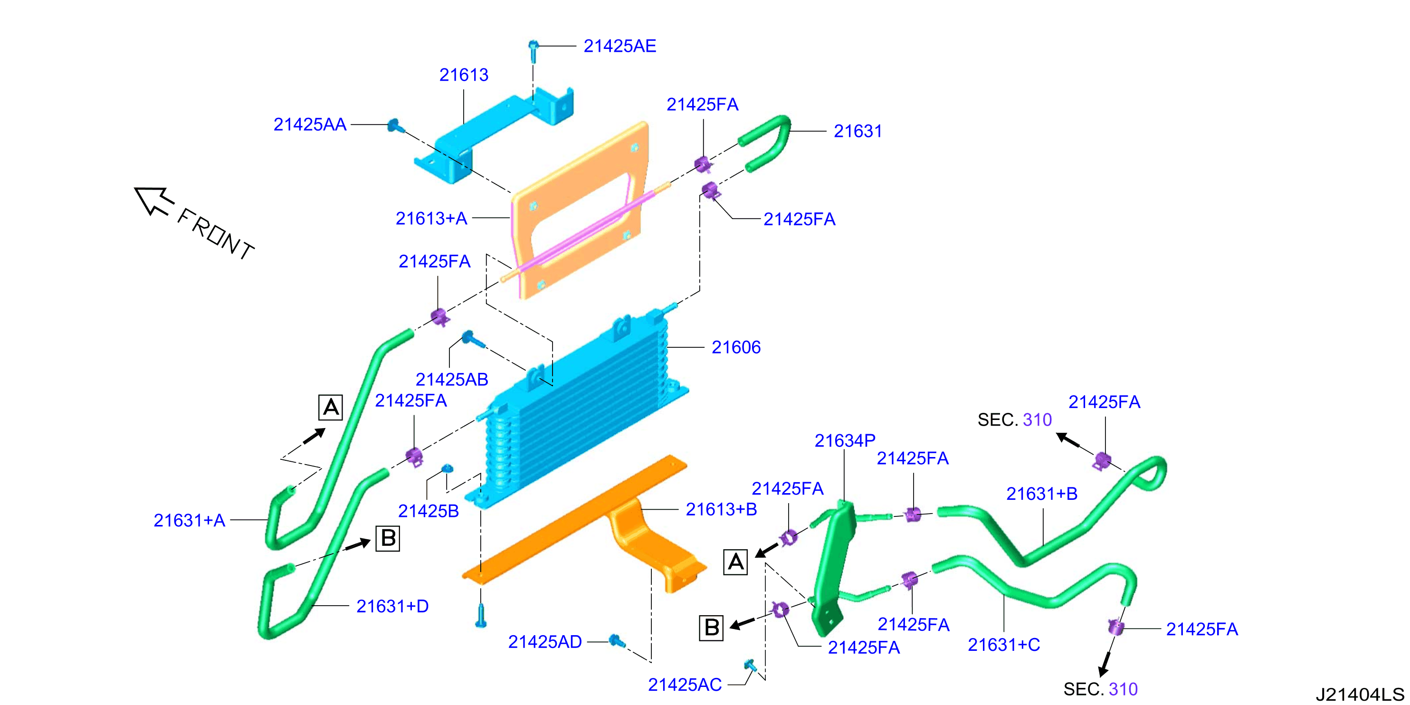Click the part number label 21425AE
click(619, 46)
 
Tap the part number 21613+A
click(431, 219)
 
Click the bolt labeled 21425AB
click(473, 339)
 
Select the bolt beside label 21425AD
click(617, 641)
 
